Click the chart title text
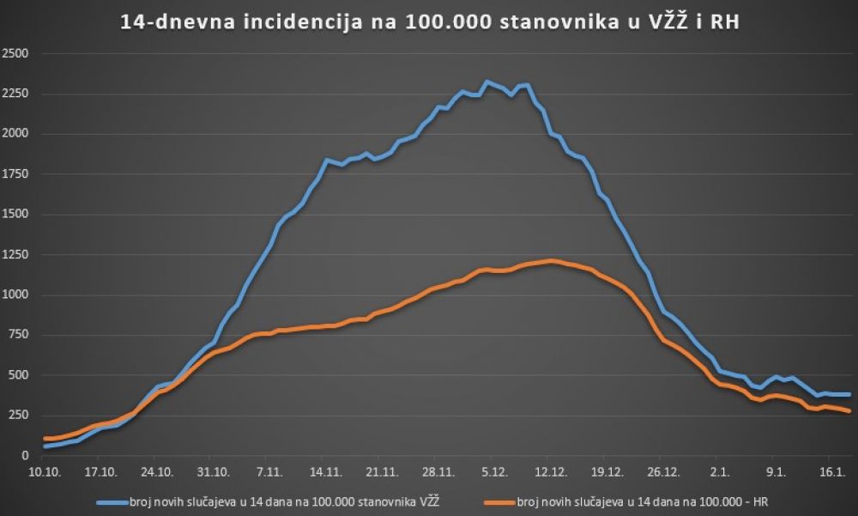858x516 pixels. coord(428,22)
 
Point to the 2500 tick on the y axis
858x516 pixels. coord(16,53)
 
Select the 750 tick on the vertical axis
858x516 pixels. coord(19,335)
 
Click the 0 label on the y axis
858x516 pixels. coord(25,456)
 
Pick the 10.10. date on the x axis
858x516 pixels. coord(45,471)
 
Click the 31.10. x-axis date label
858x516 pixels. coord(212,471)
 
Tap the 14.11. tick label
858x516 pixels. coord(323,471)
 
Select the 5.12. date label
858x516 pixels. coord(493,471)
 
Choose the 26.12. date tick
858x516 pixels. coord(662,471)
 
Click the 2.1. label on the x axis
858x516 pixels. coord(718,471)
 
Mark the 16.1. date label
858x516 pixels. coord(830,471)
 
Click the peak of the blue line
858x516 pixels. coord(486,82)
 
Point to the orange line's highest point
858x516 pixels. coord(552,260)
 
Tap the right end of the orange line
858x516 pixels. coord(849,411)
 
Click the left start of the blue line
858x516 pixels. coord(45,446)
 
